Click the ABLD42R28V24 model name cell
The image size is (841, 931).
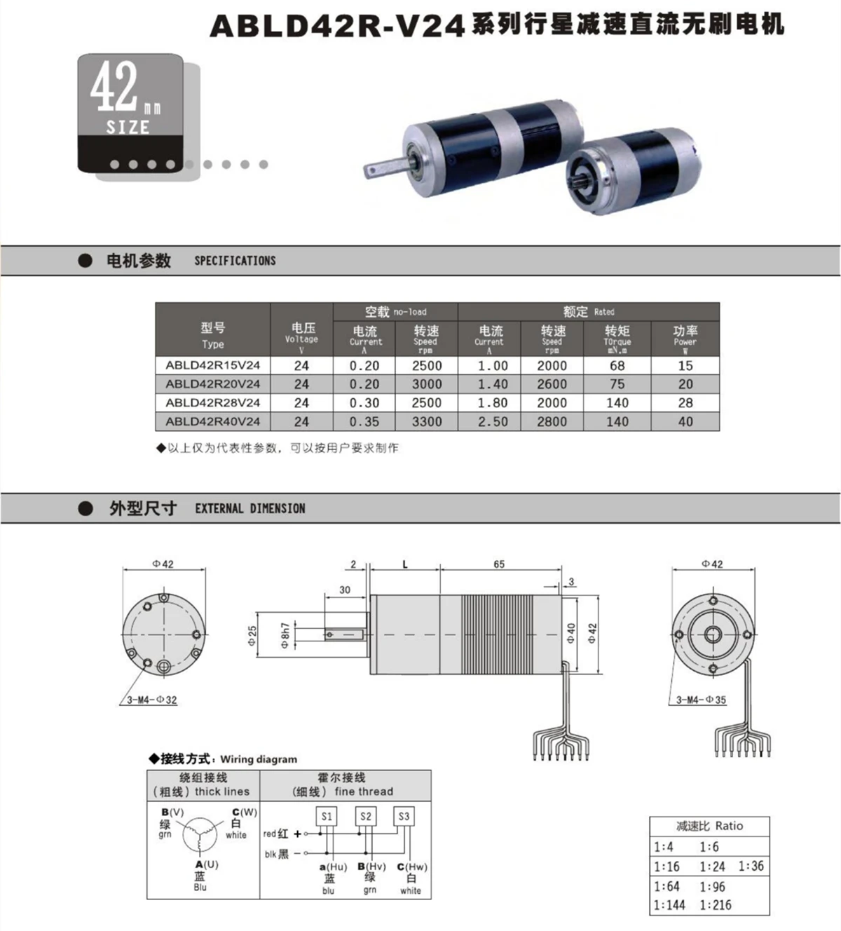tap(212, 403)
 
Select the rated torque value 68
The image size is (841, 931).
tap(617, 366)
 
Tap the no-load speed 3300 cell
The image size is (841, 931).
tap(427, 422)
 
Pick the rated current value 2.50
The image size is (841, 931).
tap(493, 422)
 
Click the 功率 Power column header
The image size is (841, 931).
tap(685, 339)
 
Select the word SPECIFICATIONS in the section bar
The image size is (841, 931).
tap(235, 261)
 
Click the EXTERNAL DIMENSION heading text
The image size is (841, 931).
tap(250, 509)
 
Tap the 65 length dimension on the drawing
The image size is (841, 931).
tap(499, 564)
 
